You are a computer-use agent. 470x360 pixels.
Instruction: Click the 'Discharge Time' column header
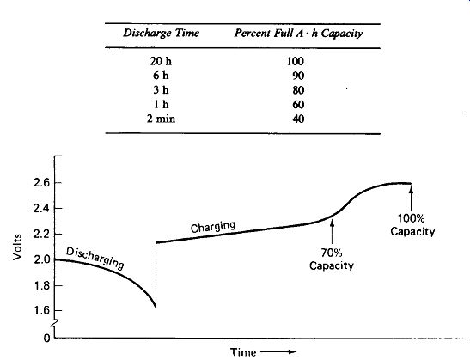162,33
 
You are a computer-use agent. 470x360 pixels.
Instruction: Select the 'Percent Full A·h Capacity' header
298,34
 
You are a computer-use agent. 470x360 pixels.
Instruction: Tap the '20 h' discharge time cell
161,62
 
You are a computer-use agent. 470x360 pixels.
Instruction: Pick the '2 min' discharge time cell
161,119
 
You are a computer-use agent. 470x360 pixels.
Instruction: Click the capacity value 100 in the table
296,62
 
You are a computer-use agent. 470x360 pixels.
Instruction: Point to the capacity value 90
298,76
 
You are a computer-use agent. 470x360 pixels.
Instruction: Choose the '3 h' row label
161,90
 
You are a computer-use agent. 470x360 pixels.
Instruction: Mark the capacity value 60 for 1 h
298,105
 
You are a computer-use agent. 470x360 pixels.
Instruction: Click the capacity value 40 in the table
298,119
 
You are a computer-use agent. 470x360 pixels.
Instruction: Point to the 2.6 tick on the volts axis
41,182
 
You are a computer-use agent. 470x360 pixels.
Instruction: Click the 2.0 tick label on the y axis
41,259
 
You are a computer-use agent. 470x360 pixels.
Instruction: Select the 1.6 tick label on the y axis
41,310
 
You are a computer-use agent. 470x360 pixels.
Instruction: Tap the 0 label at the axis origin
46,339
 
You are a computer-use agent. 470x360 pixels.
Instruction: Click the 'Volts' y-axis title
17,247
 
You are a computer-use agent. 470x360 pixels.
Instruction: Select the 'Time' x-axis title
243,352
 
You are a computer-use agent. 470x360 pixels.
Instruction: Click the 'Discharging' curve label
95,258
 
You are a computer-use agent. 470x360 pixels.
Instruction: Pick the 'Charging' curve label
213,227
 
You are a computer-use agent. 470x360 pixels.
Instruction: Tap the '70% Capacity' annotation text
331,259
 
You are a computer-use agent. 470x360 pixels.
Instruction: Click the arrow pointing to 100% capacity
411,198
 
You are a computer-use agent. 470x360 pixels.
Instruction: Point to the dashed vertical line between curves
156,275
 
